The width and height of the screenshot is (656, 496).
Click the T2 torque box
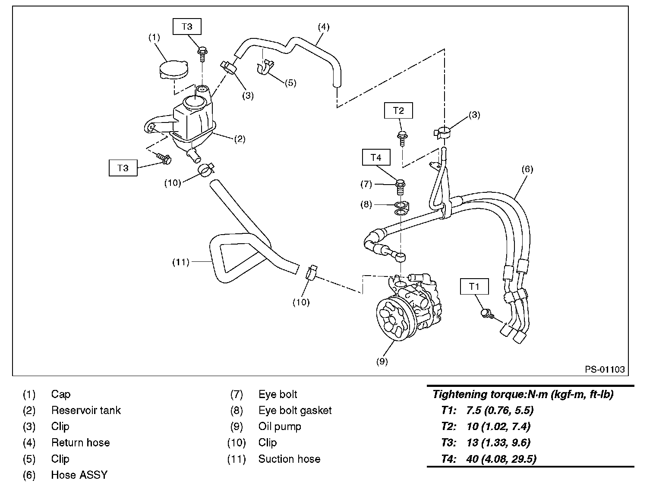click(x=398, y=111)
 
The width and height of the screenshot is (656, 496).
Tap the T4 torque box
click(x=376, y=157)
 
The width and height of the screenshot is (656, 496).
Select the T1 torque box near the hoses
click(x=474, y=286)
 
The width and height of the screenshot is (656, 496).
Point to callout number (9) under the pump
click(x=382, y=361)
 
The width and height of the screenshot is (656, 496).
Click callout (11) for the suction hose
click(x=181, y=262)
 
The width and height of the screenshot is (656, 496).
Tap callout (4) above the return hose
click(x=323, y=27)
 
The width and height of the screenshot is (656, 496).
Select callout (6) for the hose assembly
click(x=527, y=169)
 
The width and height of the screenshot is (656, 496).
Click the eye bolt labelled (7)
click(x=400, y=187)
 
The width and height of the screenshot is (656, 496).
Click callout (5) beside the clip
click(x=290, y=82)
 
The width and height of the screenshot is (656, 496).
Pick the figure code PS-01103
click(x=605, y=370)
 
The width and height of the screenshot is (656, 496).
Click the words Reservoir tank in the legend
click(x=86, y=410)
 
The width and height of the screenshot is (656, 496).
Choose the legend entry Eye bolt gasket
click(x=295, y=410)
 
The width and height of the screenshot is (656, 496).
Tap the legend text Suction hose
click(x=289, y=459)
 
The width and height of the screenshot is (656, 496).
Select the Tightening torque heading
click(x=523, y=394)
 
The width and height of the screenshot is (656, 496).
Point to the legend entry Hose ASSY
click(x=79, y=475)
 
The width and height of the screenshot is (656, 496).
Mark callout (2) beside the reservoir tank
click(x=240, y=139)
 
